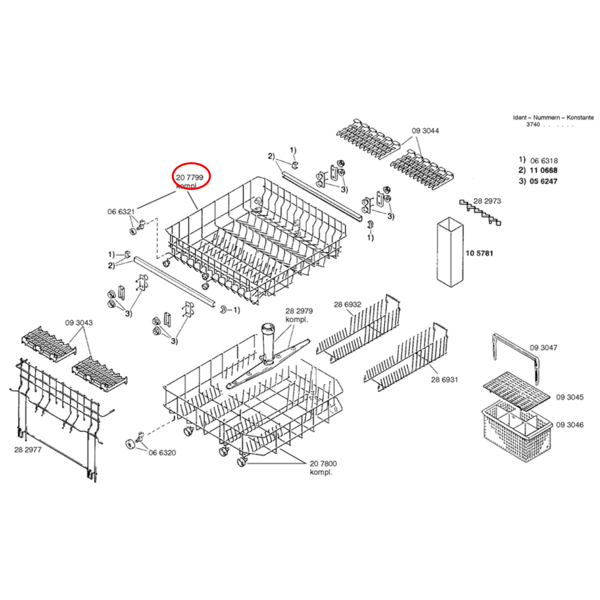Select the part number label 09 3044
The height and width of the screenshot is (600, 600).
coord(425,131)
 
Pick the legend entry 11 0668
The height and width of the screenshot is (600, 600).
coord(543,170)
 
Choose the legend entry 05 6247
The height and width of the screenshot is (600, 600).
coord(543,181)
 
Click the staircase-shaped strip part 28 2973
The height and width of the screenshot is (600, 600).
coord(480,213)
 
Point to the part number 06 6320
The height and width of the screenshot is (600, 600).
coord(162,452)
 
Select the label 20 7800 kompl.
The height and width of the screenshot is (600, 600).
coord(323,468)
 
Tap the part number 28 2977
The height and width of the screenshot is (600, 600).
coord(28,450)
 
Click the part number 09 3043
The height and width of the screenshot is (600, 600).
coord(79,323)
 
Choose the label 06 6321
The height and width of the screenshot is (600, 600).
coord(121,212)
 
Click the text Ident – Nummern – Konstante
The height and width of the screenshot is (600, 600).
coord(553,117)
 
